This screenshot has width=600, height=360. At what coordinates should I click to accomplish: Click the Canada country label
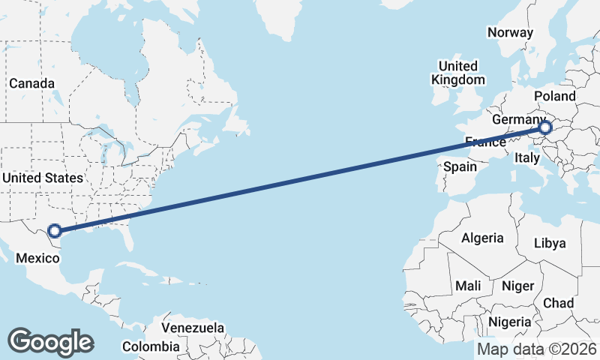[x=31, y=83]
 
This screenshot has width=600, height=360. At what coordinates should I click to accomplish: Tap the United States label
[x=42, y=178]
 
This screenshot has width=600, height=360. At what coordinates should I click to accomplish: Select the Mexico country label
[x=37, y=258]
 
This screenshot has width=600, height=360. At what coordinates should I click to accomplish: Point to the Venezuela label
[x=193, y=328]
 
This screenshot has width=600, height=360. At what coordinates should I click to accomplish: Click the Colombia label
[x=151, y=346]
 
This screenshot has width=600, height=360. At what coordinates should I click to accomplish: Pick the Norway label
[x=510, y=32]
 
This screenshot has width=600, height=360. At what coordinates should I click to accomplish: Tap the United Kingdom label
[x=457, y=73]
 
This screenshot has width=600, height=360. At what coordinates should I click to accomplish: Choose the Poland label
[x=555, y=96]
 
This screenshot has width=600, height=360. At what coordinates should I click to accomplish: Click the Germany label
[x=518, y=120]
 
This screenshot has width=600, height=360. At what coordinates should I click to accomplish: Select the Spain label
[x=460, y=166]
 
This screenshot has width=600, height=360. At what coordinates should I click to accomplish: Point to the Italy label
[x=526, y=158]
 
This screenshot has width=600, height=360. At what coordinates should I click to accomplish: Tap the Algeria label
[x=482, y=238]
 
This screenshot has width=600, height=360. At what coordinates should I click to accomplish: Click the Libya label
[x=550, y=243]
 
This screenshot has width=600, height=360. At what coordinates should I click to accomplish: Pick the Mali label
[x=468, y=286]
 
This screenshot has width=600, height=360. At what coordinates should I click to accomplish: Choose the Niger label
[x=517, y=286]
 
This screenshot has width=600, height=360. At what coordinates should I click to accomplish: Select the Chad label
[x=558, y=303]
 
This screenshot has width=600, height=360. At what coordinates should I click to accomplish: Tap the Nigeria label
[x=510, y=322]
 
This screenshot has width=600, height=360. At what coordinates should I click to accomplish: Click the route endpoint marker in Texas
[x=54, y=231]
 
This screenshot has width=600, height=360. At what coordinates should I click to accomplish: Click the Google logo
[x=50, y=341]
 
